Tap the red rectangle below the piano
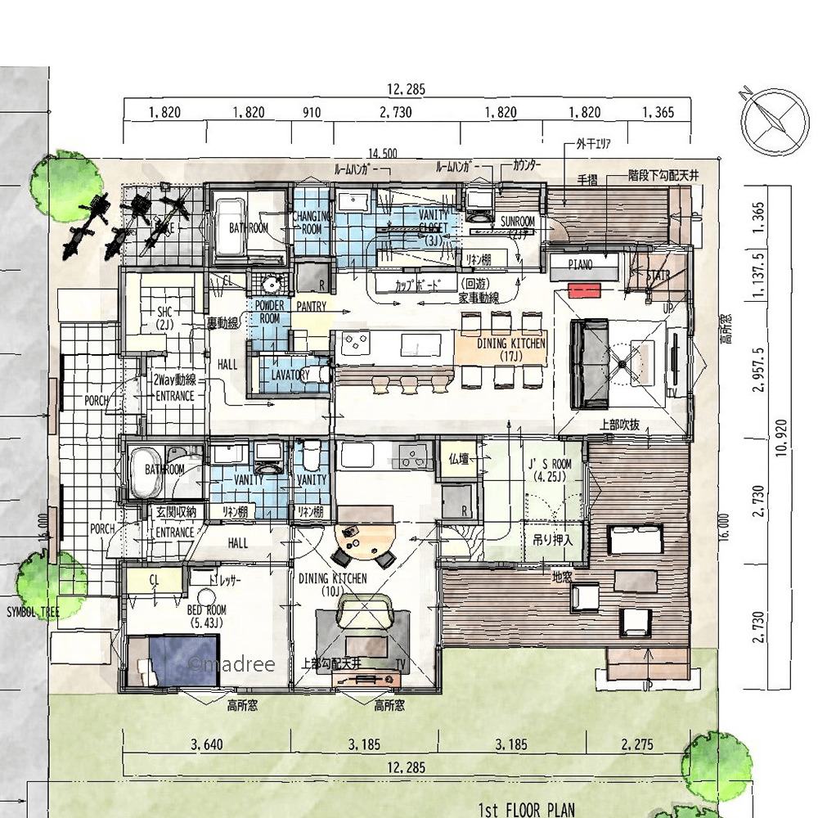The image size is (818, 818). coord(585,290)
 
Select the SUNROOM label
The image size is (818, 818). coord(517,222)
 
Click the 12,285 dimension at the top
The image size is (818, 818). coord(407,90)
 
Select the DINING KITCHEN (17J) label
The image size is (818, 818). coord(511,349)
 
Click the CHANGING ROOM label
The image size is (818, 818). coord(312,223)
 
